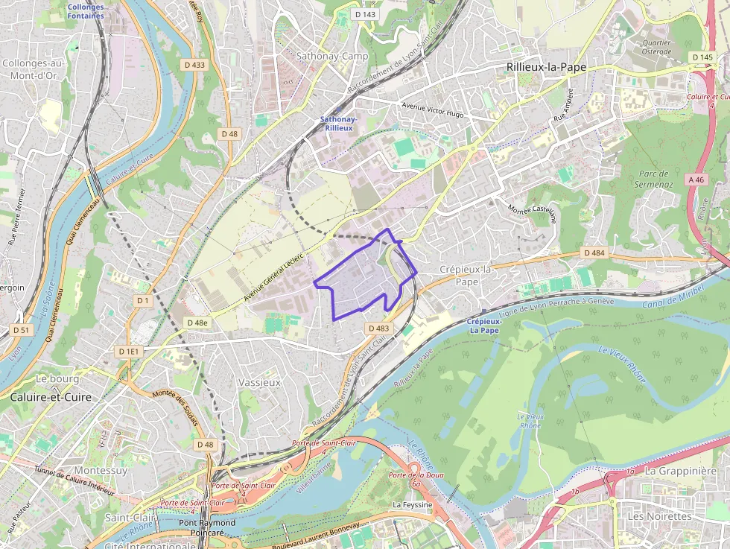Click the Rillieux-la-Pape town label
coord(546,67)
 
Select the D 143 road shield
coord(365,14)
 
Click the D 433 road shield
coord(194,65)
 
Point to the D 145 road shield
coord(702,57)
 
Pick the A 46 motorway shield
coord(696,179)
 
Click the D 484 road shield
coord(594,253)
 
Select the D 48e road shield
coord(197,323)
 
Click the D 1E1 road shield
coord(128,351)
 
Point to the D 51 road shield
coord(22,329)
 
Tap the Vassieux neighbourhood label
coord(259,382)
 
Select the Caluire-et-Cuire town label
coord(51,398)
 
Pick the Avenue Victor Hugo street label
coord(432,110)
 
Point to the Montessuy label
coord(101,471)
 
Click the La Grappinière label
coord(680,471)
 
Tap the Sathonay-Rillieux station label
coord(339,124)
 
